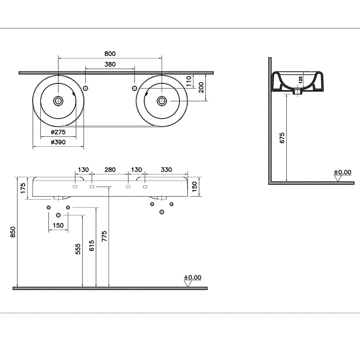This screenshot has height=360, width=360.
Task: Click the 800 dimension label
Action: click(110, 54)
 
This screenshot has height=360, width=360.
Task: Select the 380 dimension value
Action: click(110, 64)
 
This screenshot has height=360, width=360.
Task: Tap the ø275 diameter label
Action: click(58, 132)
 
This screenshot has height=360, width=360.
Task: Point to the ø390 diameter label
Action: click(58, 142)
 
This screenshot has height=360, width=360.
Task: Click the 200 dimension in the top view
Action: click(201, 87)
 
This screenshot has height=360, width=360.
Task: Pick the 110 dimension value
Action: click(189, 81)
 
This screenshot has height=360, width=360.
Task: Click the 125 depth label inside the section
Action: click(301, 80)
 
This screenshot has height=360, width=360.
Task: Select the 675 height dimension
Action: click(282, 138)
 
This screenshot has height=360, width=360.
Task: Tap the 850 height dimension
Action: click(13, 232)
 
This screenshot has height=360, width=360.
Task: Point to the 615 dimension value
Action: click(91, 245)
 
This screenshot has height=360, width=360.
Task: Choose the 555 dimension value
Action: click(78, 249)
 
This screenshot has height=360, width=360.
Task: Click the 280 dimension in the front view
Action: click(110, 169)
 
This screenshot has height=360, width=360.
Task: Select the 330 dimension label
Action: click(166, 169)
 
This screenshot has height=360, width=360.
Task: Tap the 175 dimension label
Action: click(23, 188)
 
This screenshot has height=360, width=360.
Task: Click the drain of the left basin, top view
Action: click(58, 101)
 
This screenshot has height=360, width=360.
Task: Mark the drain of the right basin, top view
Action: click(162, 101)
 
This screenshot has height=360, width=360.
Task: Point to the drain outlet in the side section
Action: click(297, 91)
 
